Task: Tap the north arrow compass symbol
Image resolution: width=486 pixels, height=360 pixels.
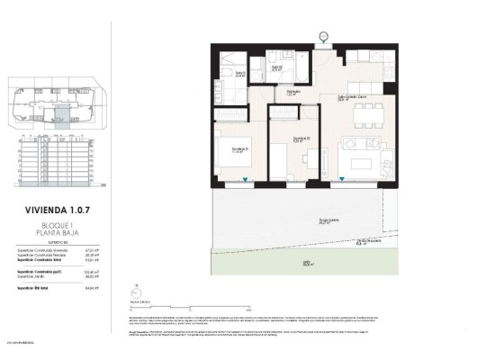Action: [136, 291]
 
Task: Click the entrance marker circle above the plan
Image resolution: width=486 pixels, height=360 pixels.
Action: [323, 36]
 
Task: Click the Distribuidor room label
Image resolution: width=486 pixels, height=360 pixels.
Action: [293, 91]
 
